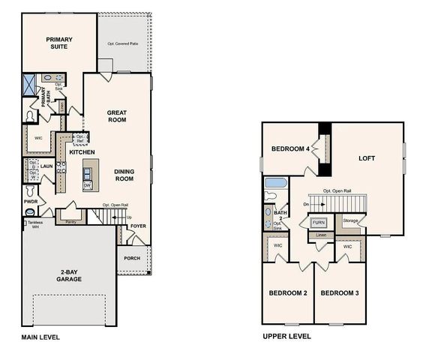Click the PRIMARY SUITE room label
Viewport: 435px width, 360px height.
(57, 43)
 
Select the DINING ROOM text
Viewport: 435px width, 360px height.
(124, 175)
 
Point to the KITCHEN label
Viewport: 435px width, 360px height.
(82, 152)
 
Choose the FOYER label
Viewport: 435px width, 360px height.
(138, 225)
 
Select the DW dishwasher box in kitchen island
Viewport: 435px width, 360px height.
(88, 185)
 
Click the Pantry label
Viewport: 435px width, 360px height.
(71, 222)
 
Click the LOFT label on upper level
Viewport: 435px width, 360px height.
(367, 158)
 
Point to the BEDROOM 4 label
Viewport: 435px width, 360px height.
(290, 149)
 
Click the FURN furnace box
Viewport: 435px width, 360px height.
(319, 223)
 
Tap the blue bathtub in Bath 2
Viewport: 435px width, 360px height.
(276, 182)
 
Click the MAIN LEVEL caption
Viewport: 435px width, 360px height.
(40, 337)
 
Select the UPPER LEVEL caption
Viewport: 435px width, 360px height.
(286, 337)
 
